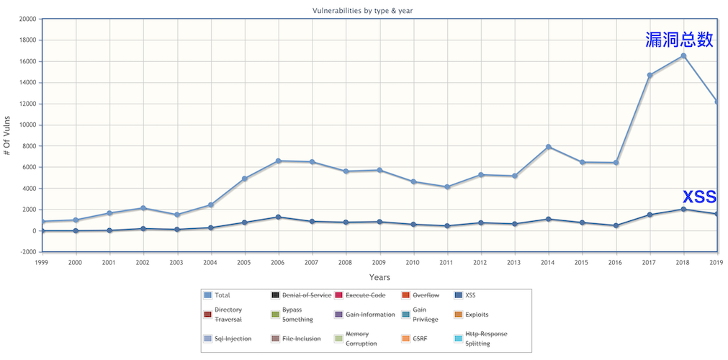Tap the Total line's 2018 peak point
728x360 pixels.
click(683, 56)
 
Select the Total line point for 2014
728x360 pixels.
click(549, 147)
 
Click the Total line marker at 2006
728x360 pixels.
click(278, 161)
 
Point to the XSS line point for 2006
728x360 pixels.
click(278, 217)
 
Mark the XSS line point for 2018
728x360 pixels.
click(683, 210)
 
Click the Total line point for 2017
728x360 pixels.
click(650, 75)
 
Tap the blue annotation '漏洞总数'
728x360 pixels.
click(679, 40)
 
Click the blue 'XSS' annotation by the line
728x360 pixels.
click(698, 197)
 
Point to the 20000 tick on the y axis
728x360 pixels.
click(26, 19)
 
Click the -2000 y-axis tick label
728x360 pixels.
click(26, 252)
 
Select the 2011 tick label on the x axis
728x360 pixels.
click(446, 262)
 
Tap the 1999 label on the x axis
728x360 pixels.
click(42, 262)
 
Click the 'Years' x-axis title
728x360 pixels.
click(379, 277)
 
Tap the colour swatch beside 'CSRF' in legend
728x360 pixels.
click(406, 338)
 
